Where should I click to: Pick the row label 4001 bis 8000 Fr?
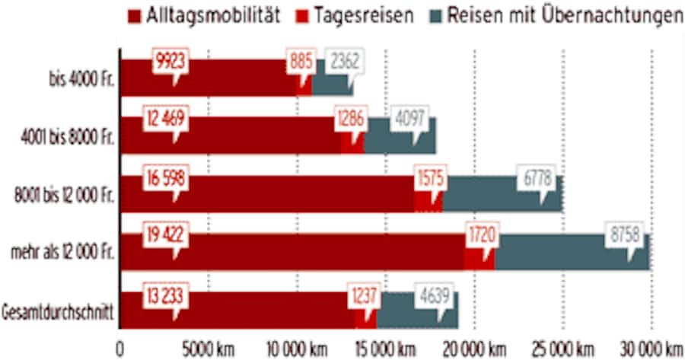pyautogui.click(x=68, y=138)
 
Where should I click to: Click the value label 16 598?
pyautogui.click(x=165, y=177)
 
